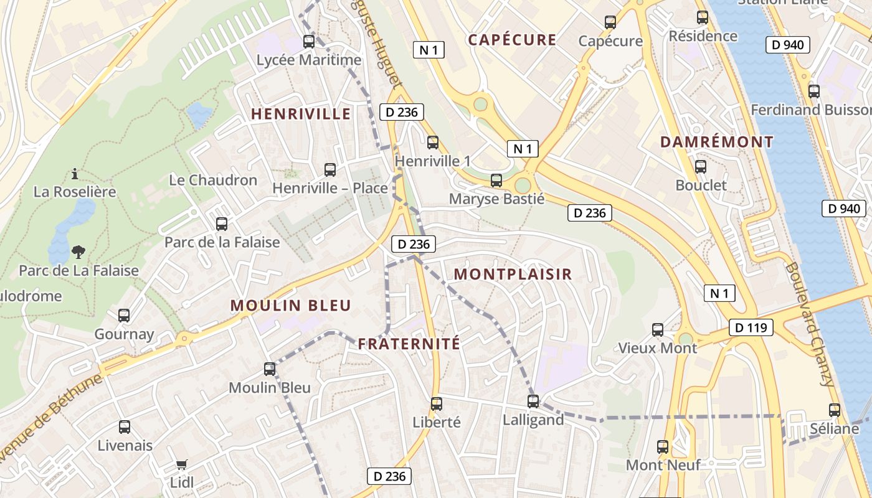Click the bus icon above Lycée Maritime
coord(308,42)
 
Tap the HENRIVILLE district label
coord(301,114)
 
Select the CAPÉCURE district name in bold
coord(512,40)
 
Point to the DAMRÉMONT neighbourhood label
coord(717,142)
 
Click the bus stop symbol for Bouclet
coord(701,167)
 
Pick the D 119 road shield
coord(751,327)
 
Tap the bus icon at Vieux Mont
coord(658,330)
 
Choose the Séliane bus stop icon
coord(835,410)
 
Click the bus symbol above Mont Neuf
coord(663,446)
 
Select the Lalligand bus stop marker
coord(533,402)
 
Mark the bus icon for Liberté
coord(437,404)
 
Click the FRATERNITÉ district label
coord(409,344)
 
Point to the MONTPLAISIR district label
coord(513,275)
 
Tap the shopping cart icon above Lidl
coord(181,464)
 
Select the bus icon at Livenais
coord(125,427)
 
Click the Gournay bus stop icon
coord(124,316)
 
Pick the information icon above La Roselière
coord(75,173)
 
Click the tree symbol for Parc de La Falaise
coord(78,252)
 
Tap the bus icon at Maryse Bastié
coord(496,181)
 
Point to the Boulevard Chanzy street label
coord(810,324)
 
